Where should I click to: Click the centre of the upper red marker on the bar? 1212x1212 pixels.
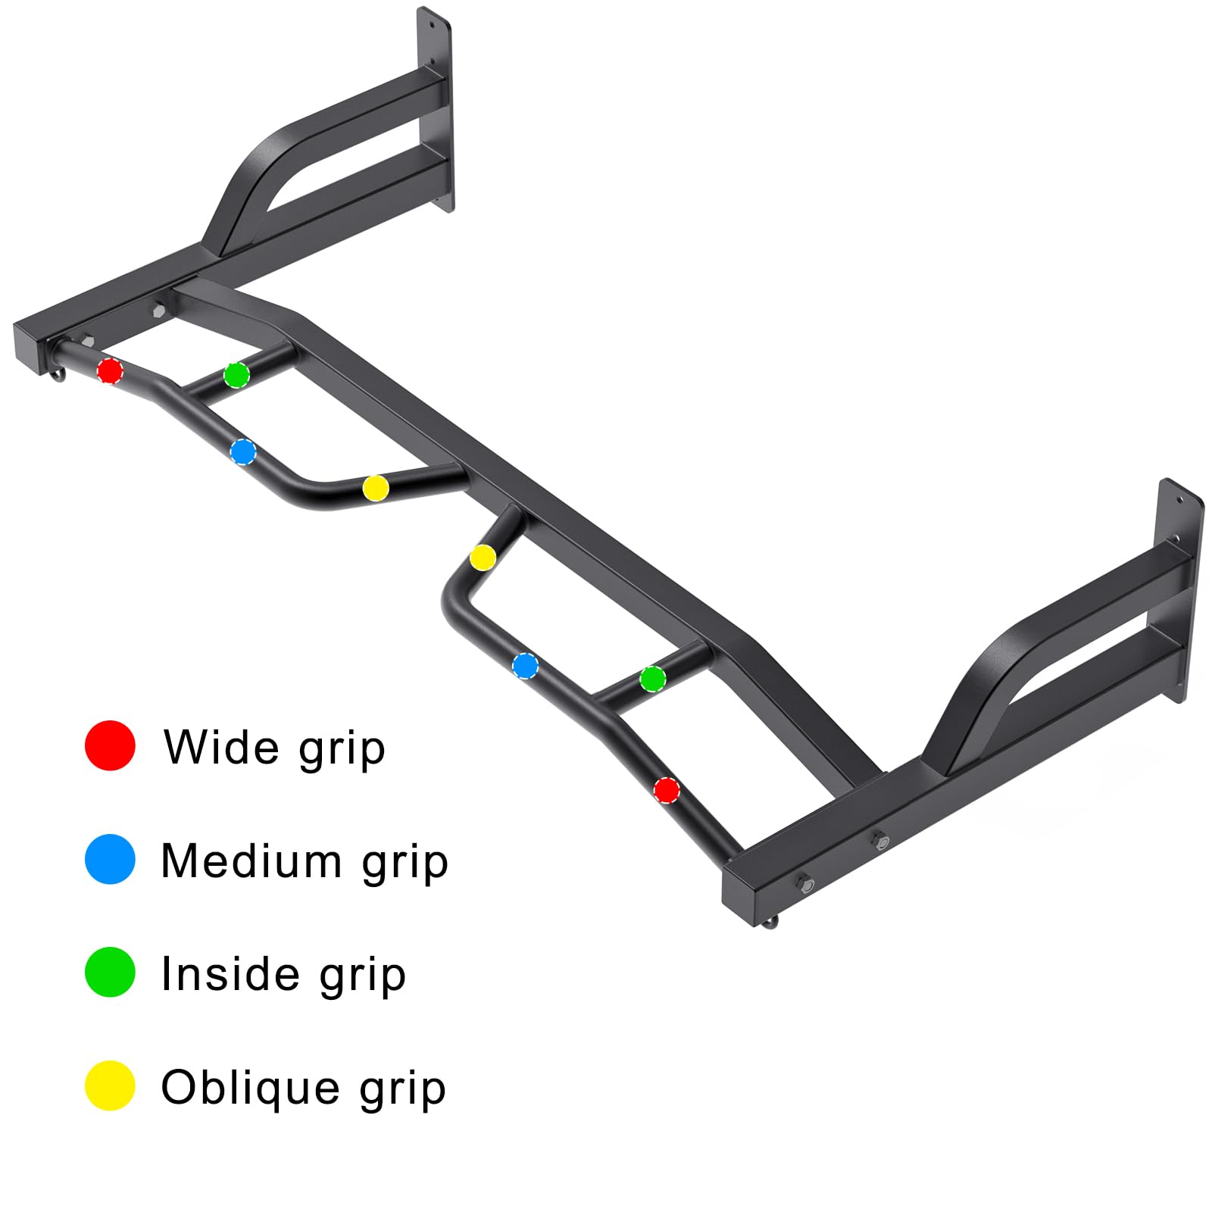point(110,370)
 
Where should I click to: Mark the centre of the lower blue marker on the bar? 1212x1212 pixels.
point(526,666)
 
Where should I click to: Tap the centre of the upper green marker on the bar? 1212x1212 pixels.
point(236,374)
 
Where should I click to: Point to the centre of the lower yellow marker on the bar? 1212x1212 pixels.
point(483,558)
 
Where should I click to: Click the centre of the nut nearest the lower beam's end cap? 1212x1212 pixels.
point(804,883)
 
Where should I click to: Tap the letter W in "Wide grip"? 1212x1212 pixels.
point(190,748)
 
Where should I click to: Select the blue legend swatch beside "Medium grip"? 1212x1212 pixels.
point(110,859)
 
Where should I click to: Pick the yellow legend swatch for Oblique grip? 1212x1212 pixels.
point(110,1085)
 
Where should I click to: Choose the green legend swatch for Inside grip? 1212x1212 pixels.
point(110,972)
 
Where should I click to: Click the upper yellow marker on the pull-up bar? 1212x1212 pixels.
point(376,488)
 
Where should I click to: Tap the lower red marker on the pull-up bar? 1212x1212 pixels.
point(667,790)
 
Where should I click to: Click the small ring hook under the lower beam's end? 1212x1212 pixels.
point(770,921)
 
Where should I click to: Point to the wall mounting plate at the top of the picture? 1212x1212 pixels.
point(435,110)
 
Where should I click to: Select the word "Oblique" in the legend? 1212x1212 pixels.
point(251,1089)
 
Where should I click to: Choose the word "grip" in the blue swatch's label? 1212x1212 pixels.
point(405,863)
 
